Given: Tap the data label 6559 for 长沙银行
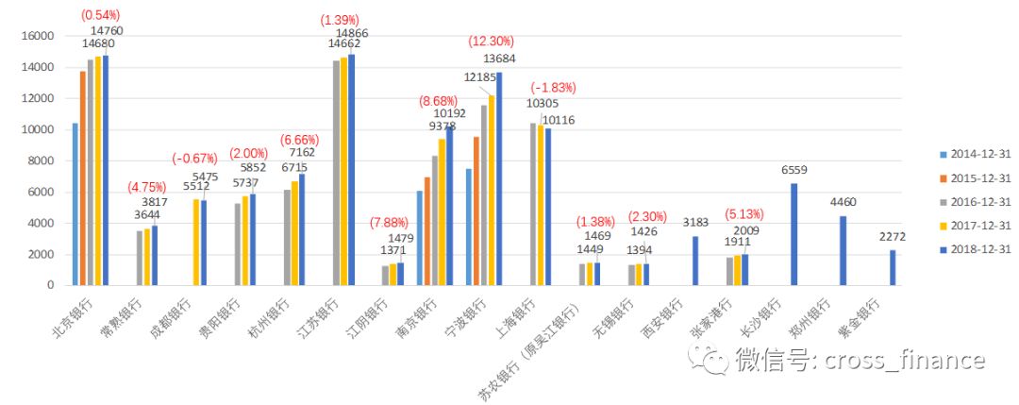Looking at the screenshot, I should [793, 170].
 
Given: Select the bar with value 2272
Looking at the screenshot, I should [893, 267].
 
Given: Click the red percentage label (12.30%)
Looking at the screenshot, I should [492, 42].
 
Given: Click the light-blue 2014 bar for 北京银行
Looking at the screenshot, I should [75, 204].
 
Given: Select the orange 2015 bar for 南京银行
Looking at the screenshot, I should [427, 230].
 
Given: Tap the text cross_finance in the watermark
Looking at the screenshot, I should [905, 360].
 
